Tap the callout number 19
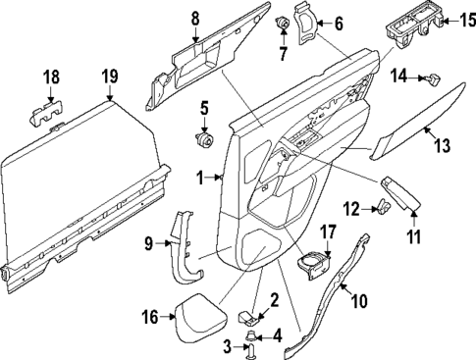(109, 76)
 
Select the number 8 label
(194, 17)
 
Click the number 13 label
(442, 145)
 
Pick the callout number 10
(359, 300)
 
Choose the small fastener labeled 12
(383, 206)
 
